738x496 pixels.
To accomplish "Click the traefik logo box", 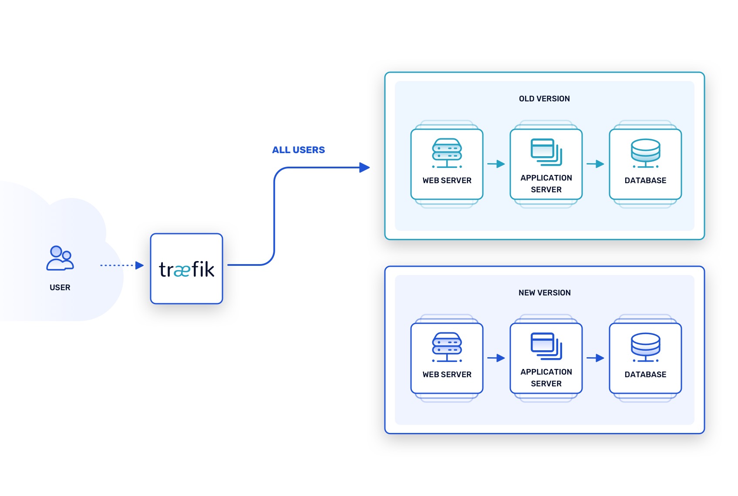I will tap(186, 269).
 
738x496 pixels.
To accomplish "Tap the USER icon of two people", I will tap(60, 258).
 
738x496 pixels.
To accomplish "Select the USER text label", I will tap(60, 288).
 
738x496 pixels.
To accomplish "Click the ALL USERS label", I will tap(298, 150).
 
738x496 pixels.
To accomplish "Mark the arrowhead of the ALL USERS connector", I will tap(364, 168).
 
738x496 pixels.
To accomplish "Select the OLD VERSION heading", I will tap(544, 99).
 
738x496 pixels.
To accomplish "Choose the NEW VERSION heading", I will tap(544, 293).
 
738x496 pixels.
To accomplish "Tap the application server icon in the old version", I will tap(546, 152).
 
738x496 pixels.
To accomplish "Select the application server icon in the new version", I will tap(546, 346).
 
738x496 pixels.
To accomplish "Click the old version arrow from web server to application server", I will tap(496, 164).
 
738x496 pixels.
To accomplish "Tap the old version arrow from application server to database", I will tap(595, 164).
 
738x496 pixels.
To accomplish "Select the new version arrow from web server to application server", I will tap(496, 358).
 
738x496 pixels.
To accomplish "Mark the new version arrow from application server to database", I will tap(595, 358).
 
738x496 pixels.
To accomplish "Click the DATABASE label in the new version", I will tap(645, 375).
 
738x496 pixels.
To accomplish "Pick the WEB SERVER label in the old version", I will tap(447, 181).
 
